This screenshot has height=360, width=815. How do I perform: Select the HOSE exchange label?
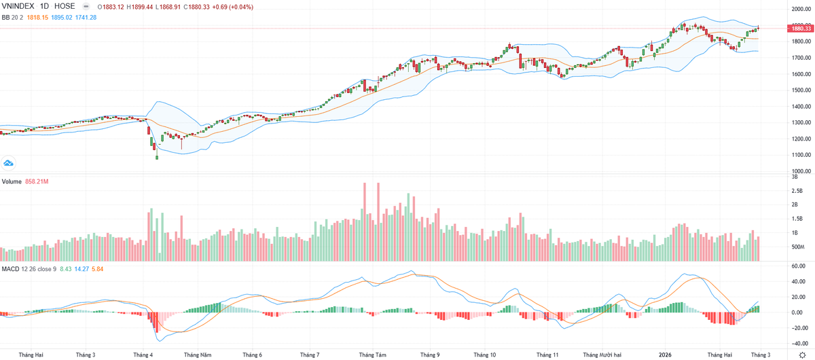(x=71, y=6)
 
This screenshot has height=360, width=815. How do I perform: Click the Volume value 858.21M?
(x=39, y=182)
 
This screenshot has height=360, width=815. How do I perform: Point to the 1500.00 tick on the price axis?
(x=801, y=90)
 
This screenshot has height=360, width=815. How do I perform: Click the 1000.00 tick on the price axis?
(x=801, y=172)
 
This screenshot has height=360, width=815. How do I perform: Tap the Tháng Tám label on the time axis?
(x=372, y=355)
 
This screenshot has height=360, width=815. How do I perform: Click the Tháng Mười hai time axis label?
(x=606, y=355)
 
